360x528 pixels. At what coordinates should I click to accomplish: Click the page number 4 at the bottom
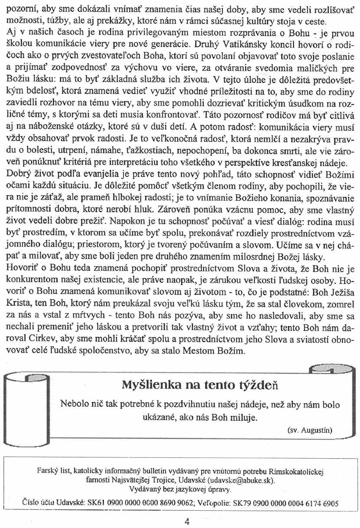tap(187, 522)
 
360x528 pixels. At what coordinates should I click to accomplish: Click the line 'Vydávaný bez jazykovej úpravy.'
tap(180, 489)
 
